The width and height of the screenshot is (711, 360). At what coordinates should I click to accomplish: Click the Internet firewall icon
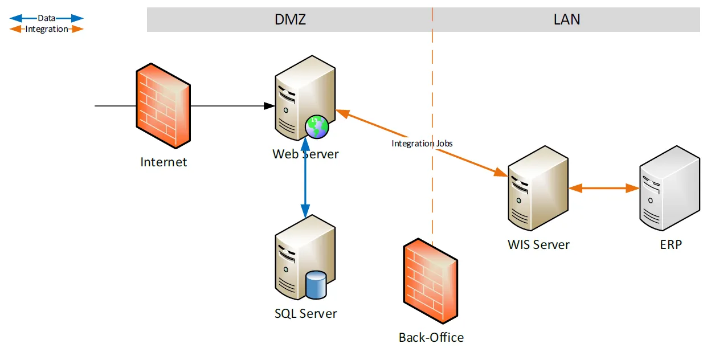tap(163, 106)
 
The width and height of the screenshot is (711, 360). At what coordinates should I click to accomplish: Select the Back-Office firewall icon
tap(430, 281)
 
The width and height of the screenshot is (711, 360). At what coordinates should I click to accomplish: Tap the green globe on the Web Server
tap(317, 127)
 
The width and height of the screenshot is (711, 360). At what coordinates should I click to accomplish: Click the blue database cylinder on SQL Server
tap(316, 285)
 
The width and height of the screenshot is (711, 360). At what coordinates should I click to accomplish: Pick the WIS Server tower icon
tap(538, 188)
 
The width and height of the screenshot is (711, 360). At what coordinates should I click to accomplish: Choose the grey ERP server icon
tap(670, 188)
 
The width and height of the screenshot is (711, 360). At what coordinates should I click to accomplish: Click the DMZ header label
tap(290, 19)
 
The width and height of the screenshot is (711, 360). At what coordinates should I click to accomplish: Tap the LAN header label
tap(567, 19)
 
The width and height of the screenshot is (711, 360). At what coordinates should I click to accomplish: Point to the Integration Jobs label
tap(422, 144)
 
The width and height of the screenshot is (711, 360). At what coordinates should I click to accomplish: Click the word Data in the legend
tap(46, 18)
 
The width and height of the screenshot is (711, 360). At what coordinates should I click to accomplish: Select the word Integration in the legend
tap(47, 29)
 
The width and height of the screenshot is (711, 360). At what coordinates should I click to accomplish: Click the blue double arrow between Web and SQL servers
tap(305, 178)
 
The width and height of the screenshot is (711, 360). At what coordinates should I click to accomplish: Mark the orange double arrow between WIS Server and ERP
tap(604, 188)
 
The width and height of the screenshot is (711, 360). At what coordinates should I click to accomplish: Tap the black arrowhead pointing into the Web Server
tap(269, 106)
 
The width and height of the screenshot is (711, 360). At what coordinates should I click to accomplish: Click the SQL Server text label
tap(306, 314)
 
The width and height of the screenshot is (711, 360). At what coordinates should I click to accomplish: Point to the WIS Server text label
tap(538, 245)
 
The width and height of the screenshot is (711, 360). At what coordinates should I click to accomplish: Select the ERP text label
tap(671, 245)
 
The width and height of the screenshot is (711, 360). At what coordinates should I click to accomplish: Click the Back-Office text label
tap(431, 337)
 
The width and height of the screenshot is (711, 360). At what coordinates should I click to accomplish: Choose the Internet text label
tap(164, 162)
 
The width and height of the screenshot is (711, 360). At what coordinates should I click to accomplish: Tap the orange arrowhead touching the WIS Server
tap(501, 172)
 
